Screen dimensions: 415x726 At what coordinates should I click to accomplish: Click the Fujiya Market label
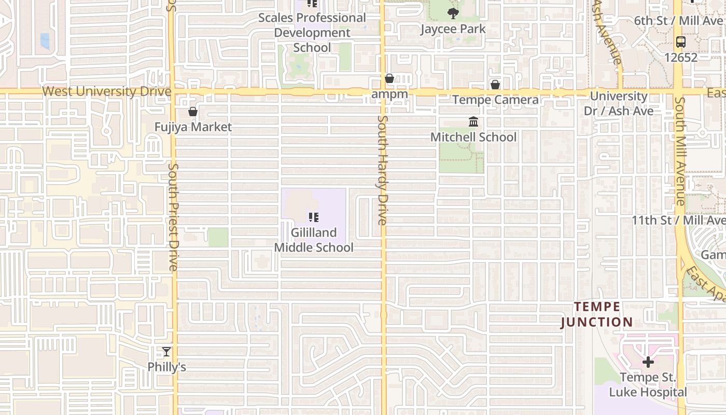point(193,127)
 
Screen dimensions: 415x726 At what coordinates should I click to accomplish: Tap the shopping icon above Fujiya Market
point(193,112)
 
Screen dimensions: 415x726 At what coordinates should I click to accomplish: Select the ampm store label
point(389,94)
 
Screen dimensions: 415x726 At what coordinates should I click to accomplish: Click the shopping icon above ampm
point(389,79)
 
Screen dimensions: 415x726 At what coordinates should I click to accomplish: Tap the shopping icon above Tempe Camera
point(495,84)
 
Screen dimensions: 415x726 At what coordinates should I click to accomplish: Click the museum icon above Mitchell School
point(473,122)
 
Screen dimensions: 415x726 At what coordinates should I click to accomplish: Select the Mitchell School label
point(473,137)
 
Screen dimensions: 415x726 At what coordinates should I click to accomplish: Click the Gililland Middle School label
point(314,240)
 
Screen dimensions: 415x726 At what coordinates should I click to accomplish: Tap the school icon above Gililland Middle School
point(313,217)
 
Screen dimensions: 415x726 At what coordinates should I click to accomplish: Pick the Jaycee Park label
point(453,29)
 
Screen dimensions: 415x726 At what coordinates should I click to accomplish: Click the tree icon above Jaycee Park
point(453,13)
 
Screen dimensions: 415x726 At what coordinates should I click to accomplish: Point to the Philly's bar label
point(166,367)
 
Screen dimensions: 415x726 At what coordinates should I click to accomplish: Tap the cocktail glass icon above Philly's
point(166,352)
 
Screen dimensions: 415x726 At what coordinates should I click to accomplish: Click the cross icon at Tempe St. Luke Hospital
point(648,362)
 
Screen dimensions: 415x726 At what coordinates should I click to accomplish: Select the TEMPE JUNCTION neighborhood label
point(596,314)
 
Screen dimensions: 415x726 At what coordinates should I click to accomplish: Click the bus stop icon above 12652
point(681,42)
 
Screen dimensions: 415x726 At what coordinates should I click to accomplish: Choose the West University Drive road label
point(106,92)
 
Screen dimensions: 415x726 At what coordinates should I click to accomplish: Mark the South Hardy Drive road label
point(383,170)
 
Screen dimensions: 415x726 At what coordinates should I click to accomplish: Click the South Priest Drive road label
point(174,217)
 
